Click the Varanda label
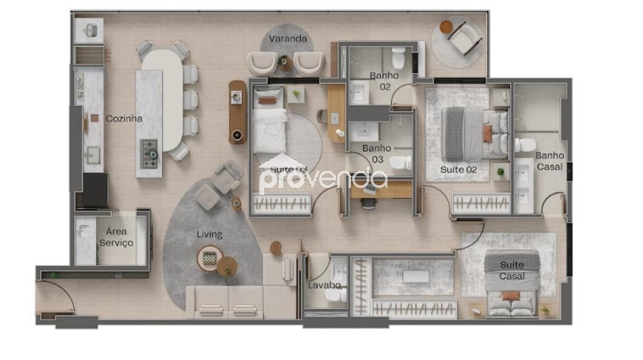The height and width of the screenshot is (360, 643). point(288,39)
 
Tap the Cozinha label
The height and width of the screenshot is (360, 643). point(124,118)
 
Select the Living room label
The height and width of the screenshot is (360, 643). point(209,234)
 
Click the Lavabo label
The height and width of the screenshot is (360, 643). point(324,285)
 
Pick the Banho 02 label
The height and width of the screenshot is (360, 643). point(380,81)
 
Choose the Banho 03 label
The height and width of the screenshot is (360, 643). point(377,154)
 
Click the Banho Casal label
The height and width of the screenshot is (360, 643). point(549,161)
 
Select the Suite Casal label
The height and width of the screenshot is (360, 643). point(512,271)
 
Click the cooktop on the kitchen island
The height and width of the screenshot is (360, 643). point(149,151)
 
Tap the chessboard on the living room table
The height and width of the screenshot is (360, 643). point(209,257)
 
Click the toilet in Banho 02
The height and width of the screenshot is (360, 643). point(399,58)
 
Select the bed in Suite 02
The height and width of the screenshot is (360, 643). point(474,134)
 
